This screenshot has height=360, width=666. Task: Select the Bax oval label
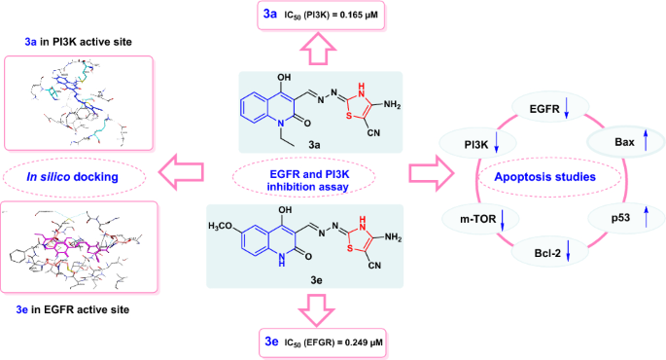click(x=617, y=143)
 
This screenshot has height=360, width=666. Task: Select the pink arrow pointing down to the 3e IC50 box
click(x=316, y=306)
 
